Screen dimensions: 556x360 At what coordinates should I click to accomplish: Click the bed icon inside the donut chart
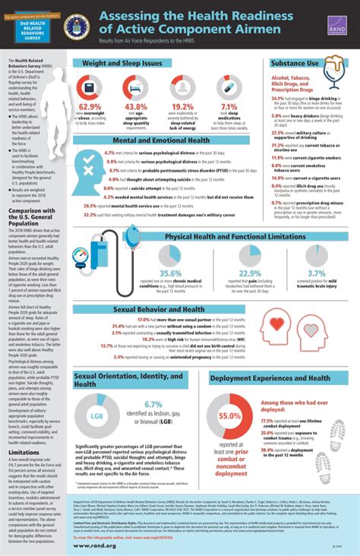tap(135, 86)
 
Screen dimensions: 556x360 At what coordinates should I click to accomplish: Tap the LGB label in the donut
tap(95, 416)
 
